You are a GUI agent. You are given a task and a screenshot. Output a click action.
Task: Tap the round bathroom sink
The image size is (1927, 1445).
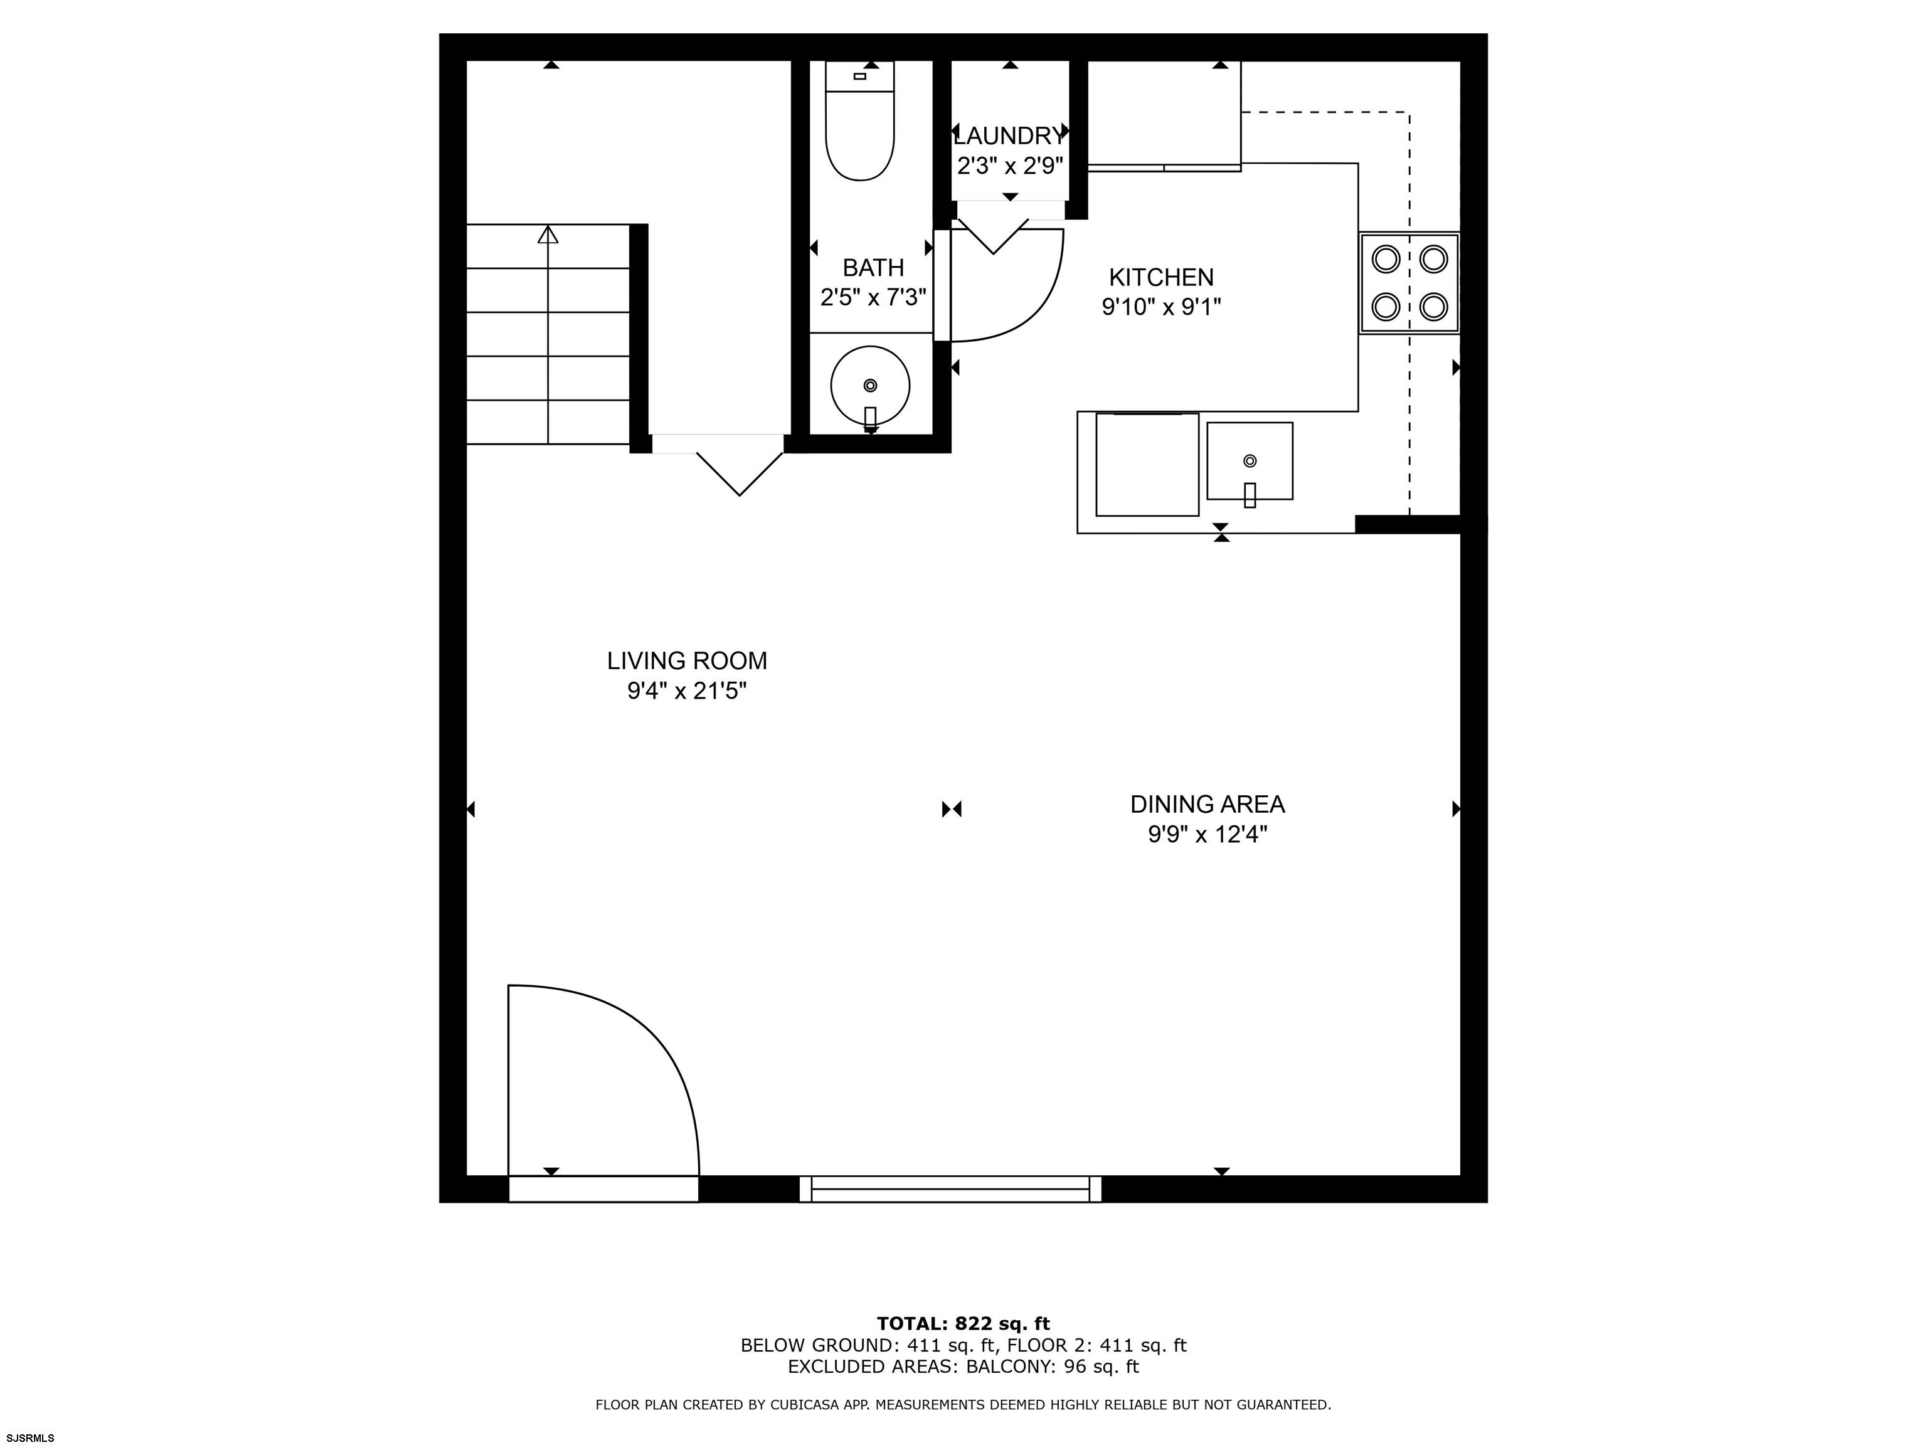pyautogui.click(x=870, y=386)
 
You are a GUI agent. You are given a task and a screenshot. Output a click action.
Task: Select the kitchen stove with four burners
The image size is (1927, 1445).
pyautogui.click(x=1409, y=282)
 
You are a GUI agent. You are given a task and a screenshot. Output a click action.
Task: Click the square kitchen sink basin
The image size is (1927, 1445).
pyautogui.click(x=1250, y=461)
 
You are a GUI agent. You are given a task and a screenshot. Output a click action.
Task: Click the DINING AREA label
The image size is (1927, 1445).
pyautogui.click(x=1208, y=804)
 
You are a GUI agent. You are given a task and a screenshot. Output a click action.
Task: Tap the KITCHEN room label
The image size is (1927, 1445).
pyautogui.click(x=1161, y=277)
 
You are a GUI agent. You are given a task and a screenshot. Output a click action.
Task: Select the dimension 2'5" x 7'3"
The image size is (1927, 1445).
pyautogui.click(x=873, y=298)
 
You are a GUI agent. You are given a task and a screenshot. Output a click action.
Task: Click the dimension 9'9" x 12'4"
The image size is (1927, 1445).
pyautogui.click(x=1208, y=834)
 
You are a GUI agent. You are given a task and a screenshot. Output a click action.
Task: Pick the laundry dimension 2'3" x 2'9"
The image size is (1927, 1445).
pyautogui.click(x=1010, y=166)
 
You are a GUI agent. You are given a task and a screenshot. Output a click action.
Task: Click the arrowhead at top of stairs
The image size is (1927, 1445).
pyautogui.click(x=548, y=235)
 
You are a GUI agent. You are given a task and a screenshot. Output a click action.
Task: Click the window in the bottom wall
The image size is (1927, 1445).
pyautogui.click(x=950, y=1189)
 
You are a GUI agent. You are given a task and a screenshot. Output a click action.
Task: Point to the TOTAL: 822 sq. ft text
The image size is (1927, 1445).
pyautogui.click(x=963, y=1325)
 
